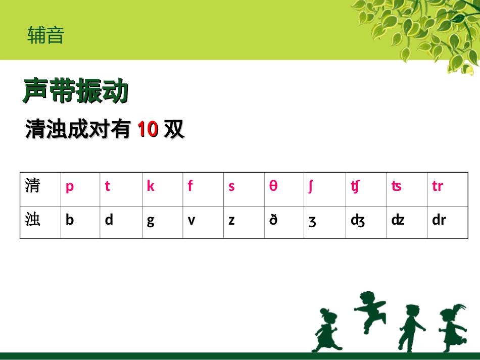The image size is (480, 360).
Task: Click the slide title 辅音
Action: click(46, 35)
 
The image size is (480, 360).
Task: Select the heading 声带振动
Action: click(76, 91)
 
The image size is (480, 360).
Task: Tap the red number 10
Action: click(148, 129)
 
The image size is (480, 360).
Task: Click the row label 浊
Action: click(33, 220)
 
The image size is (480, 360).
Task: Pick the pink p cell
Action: click(70, 186)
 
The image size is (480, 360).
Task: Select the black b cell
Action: click(70, 220)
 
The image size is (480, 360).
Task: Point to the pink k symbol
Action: click(151, 186)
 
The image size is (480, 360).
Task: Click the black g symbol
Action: click(151, 221)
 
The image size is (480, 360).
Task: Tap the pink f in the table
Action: click(190, 186)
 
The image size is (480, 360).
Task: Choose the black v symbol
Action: click(191, 221)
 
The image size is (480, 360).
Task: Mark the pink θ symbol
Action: click(273, 186)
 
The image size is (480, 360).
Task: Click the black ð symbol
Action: click(273, 220)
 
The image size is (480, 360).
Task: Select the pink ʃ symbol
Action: click(311, 186)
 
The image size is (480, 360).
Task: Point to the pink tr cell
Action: click(438, 186)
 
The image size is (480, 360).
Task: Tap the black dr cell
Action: click(439, 220)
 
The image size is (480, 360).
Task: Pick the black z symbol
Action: click(231, 221)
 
